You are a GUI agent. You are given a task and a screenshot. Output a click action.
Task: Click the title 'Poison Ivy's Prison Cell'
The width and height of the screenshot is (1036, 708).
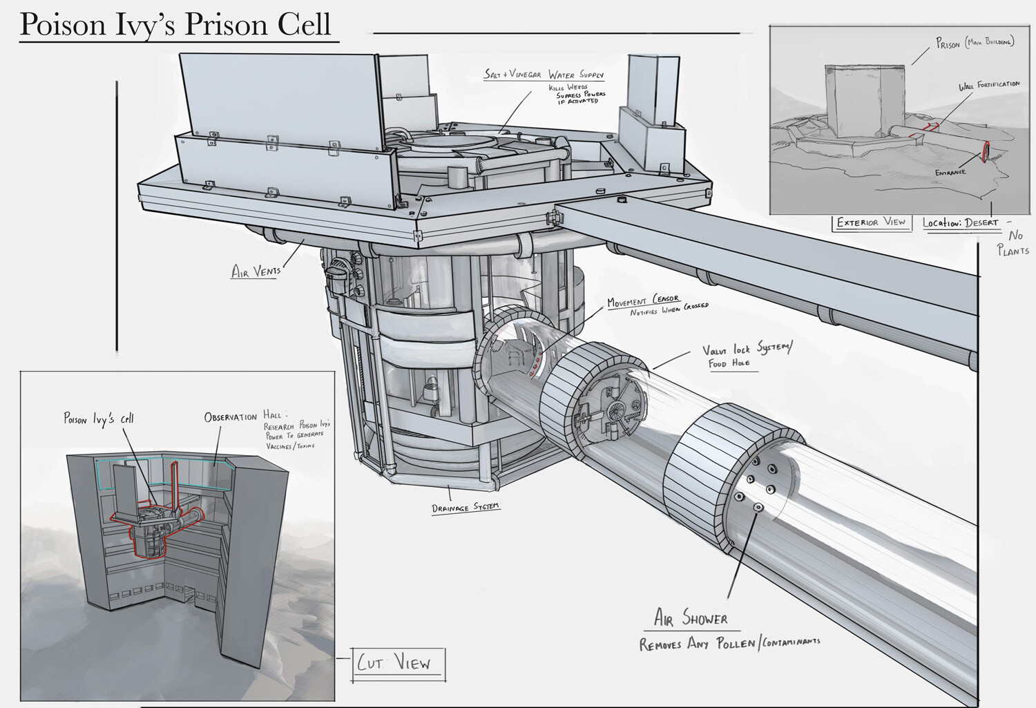[175, 25]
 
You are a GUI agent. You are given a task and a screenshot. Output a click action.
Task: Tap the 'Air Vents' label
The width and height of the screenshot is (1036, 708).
[256, 271]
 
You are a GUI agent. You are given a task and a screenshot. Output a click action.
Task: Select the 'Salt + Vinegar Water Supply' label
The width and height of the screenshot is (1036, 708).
[544, 74]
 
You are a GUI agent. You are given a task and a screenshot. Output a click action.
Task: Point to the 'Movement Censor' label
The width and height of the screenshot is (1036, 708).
[642, 301]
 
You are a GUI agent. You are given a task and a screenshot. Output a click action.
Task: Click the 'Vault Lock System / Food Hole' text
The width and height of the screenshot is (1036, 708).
[746, 355]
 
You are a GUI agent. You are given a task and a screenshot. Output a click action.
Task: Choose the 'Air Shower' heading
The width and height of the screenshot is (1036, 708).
[691, 618]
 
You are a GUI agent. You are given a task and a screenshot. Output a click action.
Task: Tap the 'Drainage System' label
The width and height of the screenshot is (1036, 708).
[466, 508]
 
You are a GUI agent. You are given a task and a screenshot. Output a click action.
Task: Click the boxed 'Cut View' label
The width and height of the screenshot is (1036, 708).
[394, 664]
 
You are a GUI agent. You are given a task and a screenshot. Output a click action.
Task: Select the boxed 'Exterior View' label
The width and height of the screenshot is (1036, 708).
[871, 222]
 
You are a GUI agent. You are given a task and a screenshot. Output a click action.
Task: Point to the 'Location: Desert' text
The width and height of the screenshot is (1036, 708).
[960, 223]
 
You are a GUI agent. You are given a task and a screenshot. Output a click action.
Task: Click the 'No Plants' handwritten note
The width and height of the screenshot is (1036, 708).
[1013, 243]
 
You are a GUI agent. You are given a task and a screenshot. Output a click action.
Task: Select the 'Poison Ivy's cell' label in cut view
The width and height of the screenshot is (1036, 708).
[99, 419]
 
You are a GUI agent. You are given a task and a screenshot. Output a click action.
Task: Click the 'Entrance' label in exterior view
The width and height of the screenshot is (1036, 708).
[950, 172]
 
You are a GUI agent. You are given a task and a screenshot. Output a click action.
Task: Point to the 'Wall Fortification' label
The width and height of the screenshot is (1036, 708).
[988, 86]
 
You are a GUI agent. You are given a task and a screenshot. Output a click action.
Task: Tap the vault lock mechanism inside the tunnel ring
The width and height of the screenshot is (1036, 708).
[611, 411]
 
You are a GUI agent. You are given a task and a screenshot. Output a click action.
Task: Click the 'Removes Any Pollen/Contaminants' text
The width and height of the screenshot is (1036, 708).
[729, 644]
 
